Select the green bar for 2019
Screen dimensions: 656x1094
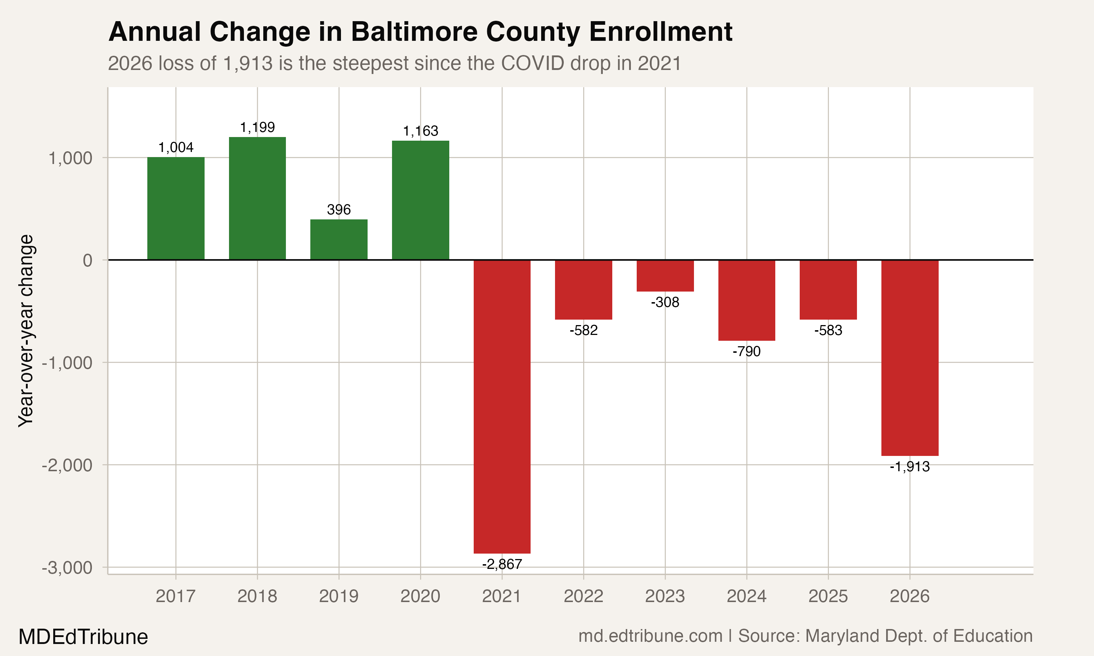pos(339,239)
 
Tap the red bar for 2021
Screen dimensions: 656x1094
pos(502,406)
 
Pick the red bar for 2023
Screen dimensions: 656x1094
pos(665,276)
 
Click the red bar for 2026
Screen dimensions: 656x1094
pos(909,358)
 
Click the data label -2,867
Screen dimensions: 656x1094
pos(502,565)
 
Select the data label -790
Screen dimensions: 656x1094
pos(746,351)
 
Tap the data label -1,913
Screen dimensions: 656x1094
pos(909,467)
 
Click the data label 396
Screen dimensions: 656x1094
pos(339,210)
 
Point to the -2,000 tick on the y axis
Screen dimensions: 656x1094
pos(67,465)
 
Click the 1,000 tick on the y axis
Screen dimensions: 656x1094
pos(70,158)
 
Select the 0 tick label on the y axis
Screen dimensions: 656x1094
pos(88,260)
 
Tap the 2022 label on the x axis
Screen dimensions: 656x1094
pos(583,596)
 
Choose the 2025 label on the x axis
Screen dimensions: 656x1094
pos(828,596)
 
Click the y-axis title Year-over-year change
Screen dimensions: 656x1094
pos(26,331)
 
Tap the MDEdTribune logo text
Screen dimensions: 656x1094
pos(83,637)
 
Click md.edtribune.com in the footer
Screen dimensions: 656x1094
pos(650,636)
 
